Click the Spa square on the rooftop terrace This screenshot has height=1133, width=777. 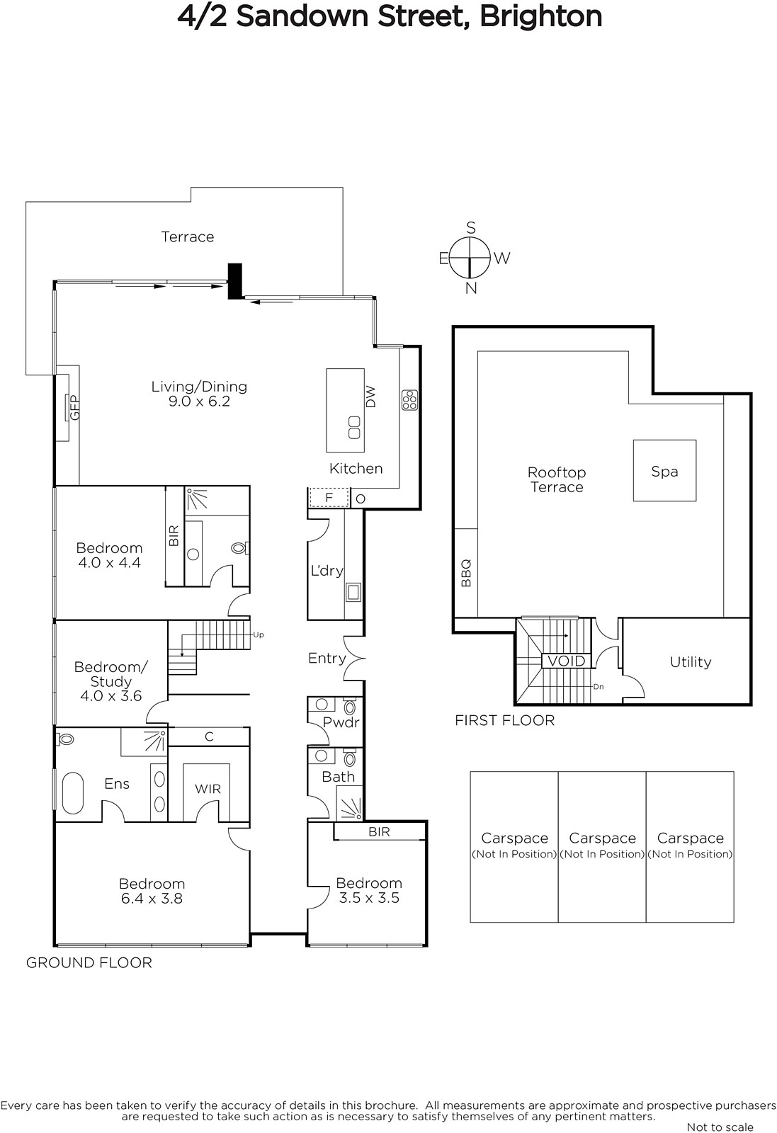[664, 470]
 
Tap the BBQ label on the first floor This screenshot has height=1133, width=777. [466, 573]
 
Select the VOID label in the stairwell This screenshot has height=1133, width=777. [567, 661]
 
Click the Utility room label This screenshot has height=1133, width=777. [691, 662]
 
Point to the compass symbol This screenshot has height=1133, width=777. [470, 258]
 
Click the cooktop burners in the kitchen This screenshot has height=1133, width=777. [409, 399]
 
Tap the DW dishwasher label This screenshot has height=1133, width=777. [371, 397]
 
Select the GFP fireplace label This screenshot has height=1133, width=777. [74, 408]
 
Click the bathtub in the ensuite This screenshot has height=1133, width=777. [73, 792]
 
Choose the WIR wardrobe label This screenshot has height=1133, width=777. [208, 789]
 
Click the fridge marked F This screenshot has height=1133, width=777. [329, 498]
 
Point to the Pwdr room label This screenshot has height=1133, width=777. [341, 722]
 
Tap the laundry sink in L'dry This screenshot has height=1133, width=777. [353, 592]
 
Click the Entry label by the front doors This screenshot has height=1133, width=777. [327, 659]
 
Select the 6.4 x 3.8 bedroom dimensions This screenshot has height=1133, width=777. [152, 899]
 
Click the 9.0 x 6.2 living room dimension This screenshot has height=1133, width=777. [199, 402]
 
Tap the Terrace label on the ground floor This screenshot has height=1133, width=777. [188, 237]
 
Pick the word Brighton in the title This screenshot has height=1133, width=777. [540, 17]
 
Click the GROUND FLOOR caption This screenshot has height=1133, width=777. [89, 962]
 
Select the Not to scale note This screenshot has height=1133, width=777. [720, 1127]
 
